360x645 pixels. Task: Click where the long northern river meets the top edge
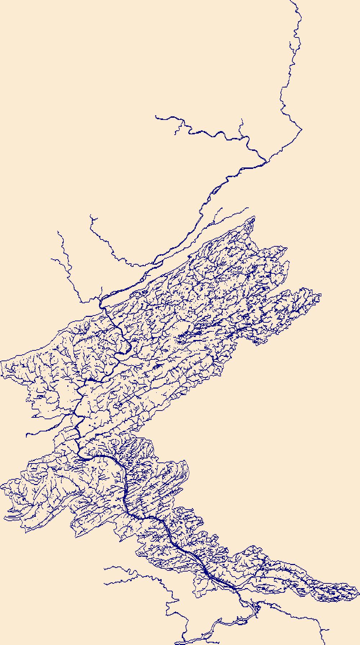(291, 1)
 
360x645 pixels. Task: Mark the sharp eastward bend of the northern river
(302, 129)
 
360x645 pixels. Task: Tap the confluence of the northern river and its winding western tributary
(266, 161)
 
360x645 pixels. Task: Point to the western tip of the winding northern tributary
(156, 116)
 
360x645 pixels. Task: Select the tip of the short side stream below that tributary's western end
(175, 134)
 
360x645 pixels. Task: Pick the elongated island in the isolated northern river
(217, 188)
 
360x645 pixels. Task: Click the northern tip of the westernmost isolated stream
(58, 232)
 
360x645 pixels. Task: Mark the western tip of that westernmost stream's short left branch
(51, 258)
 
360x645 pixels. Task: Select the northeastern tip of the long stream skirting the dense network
(248, 208)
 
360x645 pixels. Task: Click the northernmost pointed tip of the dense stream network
(254, 217)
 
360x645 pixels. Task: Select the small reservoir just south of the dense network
(257, 608)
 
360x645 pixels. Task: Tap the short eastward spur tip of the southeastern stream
(328, 630)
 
